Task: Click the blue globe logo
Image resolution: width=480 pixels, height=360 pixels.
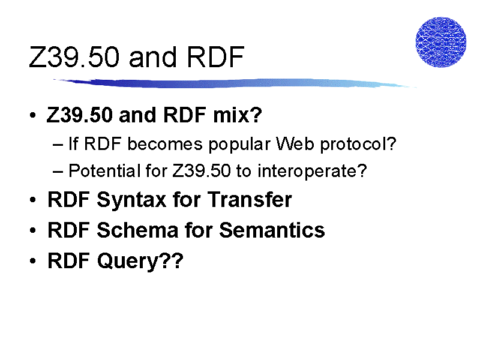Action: [441, 42]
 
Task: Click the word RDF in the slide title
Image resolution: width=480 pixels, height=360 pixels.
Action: [215, 57]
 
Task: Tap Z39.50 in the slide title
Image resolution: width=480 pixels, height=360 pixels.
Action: [74, 57]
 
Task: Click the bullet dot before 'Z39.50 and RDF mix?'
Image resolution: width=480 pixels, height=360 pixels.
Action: [33, 115]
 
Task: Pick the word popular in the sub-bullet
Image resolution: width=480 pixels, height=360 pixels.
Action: [239, 144]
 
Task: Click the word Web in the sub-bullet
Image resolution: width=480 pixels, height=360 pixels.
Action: [295, 143]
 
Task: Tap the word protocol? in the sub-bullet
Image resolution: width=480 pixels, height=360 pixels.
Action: [358, 144]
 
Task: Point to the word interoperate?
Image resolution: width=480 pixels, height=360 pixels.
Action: [312, 171]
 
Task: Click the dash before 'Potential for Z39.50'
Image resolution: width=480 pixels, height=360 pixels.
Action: [58, 172]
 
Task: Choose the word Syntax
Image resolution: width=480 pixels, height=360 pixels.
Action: [131, 200]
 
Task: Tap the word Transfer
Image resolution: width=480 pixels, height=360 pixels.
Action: [250, 199]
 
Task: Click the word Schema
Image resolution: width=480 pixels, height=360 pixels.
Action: [137, 230]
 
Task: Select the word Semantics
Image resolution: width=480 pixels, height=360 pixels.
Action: [272, 230]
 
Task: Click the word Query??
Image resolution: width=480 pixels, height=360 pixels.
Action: [140, 261]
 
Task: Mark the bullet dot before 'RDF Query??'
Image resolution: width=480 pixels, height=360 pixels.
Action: [33, 261]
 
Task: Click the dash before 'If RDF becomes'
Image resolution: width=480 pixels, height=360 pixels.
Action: [58, 145]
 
